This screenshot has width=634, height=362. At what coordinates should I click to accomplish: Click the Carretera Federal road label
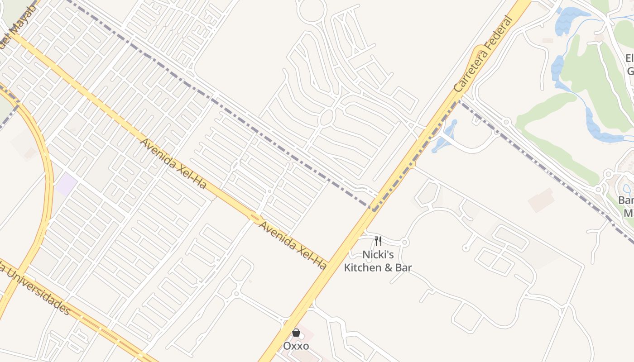click(484, 55)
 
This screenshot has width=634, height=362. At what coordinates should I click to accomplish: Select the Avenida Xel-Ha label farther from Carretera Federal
click(173, 163)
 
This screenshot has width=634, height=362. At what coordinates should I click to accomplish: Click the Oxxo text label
click(296, 346)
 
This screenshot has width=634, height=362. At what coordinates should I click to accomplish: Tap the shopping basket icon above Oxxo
click(296, 333)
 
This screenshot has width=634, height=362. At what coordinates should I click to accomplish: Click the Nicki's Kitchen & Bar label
click(378, 261)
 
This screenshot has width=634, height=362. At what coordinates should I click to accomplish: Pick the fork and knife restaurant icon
click(378, 241)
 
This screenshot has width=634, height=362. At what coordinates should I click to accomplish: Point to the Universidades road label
click(36, 290)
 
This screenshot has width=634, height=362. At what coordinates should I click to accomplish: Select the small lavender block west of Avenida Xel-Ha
click(66, 184)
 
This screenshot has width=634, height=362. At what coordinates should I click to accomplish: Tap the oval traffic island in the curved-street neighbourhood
click(327, 117)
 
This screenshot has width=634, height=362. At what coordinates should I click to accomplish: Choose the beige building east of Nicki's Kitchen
click(541, 200)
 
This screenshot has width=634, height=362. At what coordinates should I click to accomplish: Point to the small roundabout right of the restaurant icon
click(405, 243)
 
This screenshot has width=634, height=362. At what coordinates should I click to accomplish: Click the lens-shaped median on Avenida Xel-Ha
click(255, 219)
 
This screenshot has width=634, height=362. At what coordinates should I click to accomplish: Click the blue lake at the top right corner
click(571, 20)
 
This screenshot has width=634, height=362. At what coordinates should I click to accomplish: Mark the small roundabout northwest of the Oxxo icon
click(236, 294)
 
